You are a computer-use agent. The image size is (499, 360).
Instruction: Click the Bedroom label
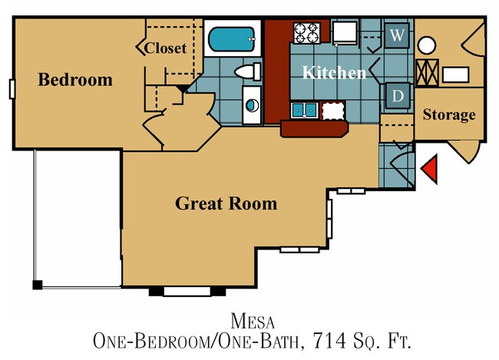[x=75, y=80]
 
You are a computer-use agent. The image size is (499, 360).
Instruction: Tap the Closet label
[x=166, y=48]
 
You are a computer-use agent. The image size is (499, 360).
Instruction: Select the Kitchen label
[x=333, y=73]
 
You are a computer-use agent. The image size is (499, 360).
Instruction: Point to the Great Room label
[x=226, y=204]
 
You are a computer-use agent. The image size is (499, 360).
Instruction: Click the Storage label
[x=449, y=115]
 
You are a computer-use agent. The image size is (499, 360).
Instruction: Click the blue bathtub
[x=231, y=38]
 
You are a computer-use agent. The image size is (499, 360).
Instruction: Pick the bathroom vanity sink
[x=251, y=106]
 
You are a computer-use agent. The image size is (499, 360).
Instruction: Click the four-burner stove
[x=307, y=33]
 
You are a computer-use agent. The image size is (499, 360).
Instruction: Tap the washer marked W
[x=396, y=35]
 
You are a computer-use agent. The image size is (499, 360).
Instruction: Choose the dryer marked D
[x=397, y=96]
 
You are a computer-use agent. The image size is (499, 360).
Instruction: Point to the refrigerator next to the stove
[x=343, y=32]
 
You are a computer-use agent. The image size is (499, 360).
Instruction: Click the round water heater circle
[x=427, y=45]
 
